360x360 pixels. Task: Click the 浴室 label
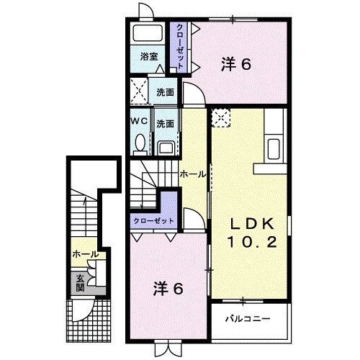pyautogui.click(x=149, y=56)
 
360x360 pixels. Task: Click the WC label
pyautogui.click(x=139, y=122)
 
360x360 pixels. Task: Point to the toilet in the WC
pyautogui.click(x=139, y=144)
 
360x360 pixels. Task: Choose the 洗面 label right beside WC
pyautogui.click(x=166, y=123)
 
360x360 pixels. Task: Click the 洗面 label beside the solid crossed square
pyautogui.click(x=166, y=93)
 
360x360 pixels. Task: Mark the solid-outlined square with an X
pyautogui.click(x=140, y=92)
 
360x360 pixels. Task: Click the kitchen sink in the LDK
pyautogui.click(x=274, y=149)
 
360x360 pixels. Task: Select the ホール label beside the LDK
pyautogui.click(x=192, y=174)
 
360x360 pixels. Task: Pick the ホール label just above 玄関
pyautogui.click(x=85, y=254)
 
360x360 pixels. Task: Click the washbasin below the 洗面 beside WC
pyautogui.click(x=166, y=148)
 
